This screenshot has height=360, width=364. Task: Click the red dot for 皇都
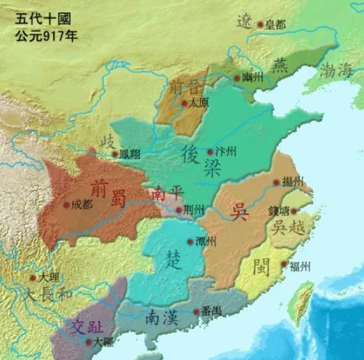click(x=261, y=25)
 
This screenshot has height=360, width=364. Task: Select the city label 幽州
click(x=253, y=79)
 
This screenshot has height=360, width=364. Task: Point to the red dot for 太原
click(x=184, y=104)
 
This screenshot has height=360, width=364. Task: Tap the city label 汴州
click(x=225, y=152)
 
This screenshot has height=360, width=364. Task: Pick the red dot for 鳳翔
click(x=115, y=154)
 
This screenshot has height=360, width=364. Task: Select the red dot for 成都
click(x=67, y=205)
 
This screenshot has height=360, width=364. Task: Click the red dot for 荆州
click(x=179, y=211)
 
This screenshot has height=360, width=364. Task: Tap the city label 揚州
click(x=293, y=182)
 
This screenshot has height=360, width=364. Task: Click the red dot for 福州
click(x=284, y=265)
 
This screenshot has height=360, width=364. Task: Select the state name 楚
click(x=174, y=260)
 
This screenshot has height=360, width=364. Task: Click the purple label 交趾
click(x=84, y=326)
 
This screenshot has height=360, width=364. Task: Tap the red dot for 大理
click(x=33, y=277)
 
